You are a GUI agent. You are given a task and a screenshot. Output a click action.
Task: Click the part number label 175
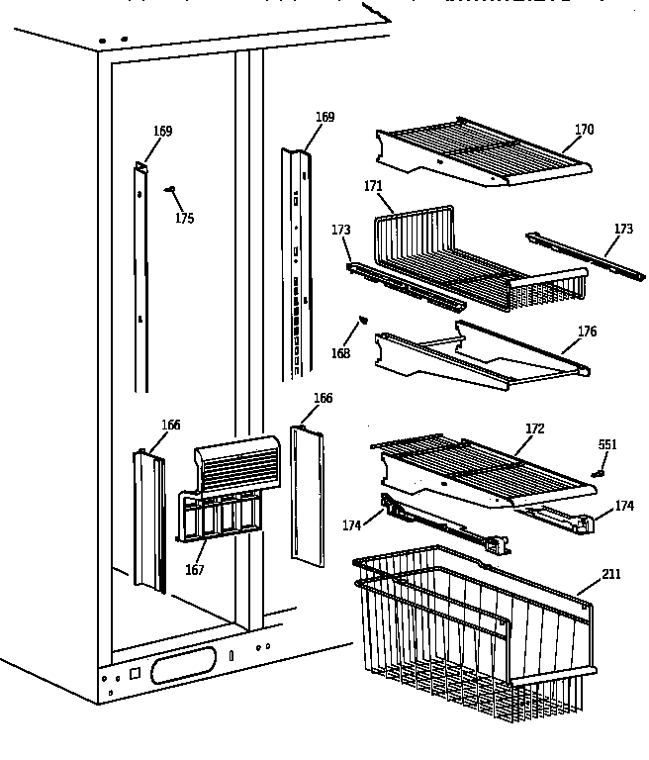pyautogui.click(x=184, y=219)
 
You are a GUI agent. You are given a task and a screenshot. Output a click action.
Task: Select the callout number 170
pyautogui.click(x=584, y=129)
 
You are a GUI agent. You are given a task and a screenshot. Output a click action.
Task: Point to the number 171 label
pyautogui.click(x=372, y=186)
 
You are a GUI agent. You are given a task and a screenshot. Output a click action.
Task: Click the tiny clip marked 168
pyautogui.click(x=361, y=319)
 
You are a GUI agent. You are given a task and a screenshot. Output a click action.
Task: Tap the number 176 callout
pyautogui.click(x=587, y=332)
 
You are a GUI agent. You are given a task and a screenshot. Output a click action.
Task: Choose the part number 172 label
pyautogui.click(x=535, y=428)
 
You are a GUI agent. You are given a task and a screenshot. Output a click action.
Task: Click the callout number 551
pyautogui.click(x=607, y=445)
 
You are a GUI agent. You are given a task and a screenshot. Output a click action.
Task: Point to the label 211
pyautogui.click(x=612, y=573)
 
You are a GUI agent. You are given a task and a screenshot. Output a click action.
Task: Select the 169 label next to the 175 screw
pyautogui.click(x=162, y=132)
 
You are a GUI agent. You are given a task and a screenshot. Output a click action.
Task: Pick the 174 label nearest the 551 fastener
pyautogui.click(x=623, y=506)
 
